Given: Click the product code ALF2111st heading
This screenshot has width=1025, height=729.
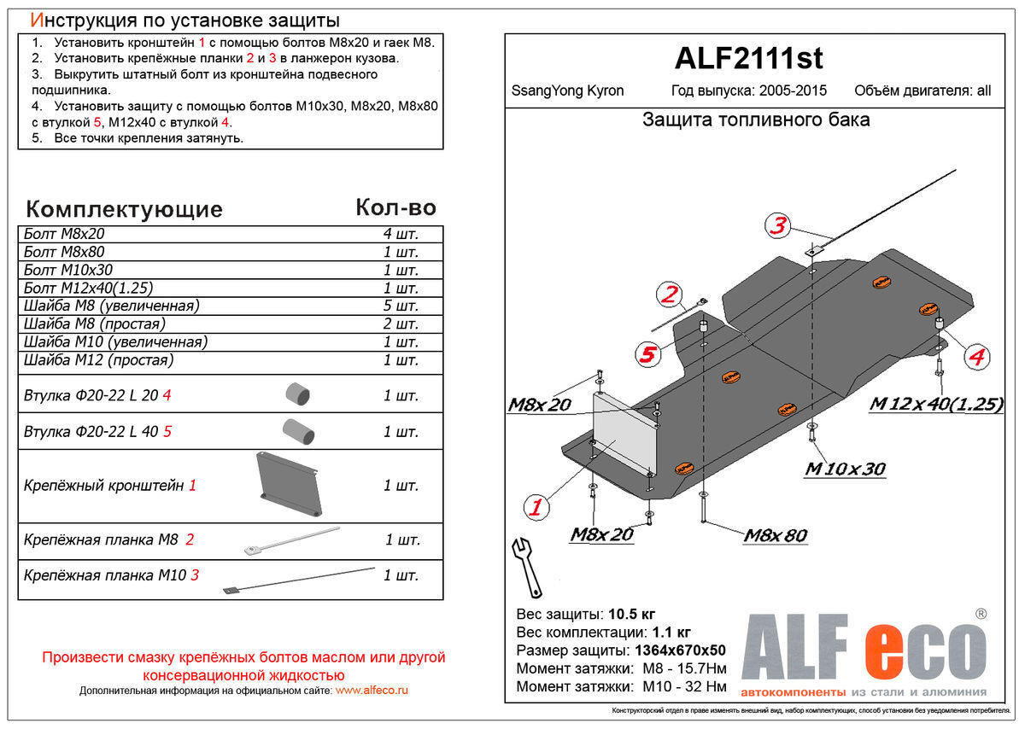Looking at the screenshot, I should pos(749,58).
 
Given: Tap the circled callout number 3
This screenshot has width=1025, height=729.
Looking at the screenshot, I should pos(777,226).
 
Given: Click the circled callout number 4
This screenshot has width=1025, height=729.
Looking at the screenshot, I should pos(975,357).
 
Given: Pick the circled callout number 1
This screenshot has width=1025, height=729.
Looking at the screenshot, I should pos(536,508).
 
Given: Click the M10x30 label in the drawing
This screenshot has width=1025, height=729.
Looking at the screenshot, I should pos(845,469).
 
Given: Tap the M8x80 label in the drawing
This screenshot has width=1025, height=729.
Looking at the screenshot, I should pos(775,535).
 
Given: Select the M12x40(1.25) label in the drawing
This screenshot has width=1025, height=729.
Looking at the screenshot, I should pos(935,405).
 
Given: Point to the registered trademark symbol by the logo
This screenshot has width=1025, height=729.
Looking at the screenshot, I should pos(981,614).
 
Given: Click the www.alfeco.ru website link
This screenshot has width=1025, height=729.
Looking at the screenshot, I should pos(372,690).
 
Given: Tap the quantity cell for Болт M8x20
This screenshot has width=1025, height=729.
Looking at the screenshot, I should pos(401,234).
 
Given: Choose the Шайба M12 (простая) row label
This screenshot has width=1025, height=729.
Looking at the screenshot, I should pos(99,360).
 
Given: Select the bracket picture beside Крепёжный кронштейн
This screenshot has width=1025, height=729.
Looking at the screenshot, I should pos(290,484).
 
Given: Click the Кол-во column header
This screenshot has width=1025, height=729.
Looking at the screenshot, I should pos(395,207).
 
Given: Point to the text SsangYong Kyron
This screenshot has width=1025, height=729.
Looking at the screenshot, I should pos(567,90).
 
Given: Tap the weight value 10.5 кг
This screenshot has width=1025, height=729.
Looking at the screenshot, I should pos(631,615).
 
